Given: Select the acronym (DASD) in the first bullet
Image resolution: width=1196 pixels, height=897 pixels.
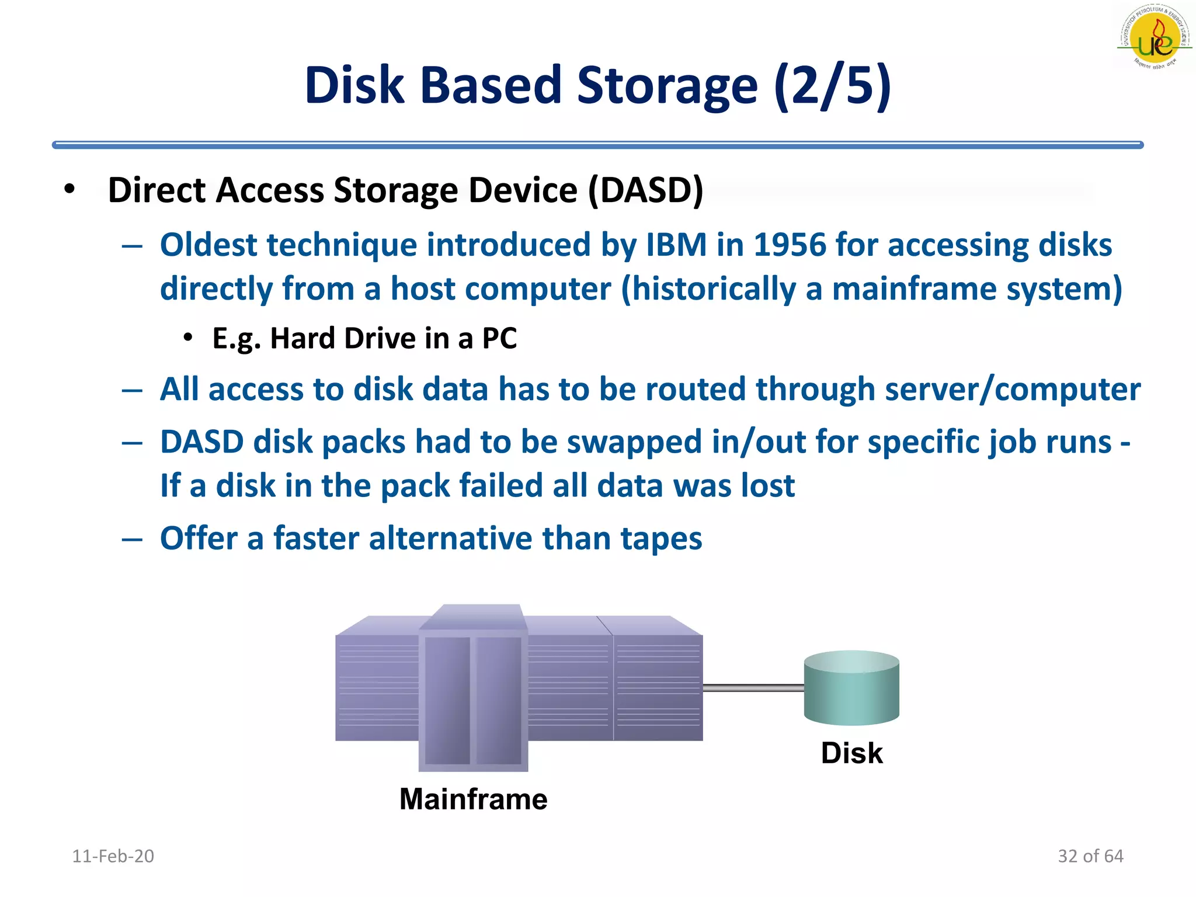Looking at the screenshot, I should pos(645,190).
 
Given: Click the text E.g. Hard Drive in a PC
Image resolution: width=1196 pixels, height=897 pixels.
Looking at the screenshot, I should pos(364,339).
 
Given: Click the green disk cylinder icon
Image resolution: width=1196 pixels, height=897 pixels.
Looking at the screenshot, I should pos(851,689).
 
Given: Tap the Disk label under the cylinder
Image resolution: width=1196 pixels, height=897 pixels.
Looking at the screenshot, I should pos(851,753).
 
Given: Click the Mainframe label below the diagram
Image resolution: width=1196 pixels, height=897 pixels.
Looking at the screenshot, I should pos(473,799).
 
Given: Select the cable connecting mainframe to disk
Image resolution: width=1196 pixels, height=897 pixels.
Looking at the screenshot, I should pos(753,689).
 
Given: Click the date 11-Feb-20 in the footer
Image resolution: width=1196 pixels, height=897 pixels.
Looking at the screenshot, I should pos(113,856).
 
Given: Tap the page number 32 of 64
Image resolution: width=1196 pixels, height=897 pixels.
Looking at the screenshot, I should pos(1090,856).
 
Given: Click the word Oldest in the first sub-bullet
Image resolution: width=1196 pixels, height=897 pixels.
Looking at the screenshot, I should pos(208,245).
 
